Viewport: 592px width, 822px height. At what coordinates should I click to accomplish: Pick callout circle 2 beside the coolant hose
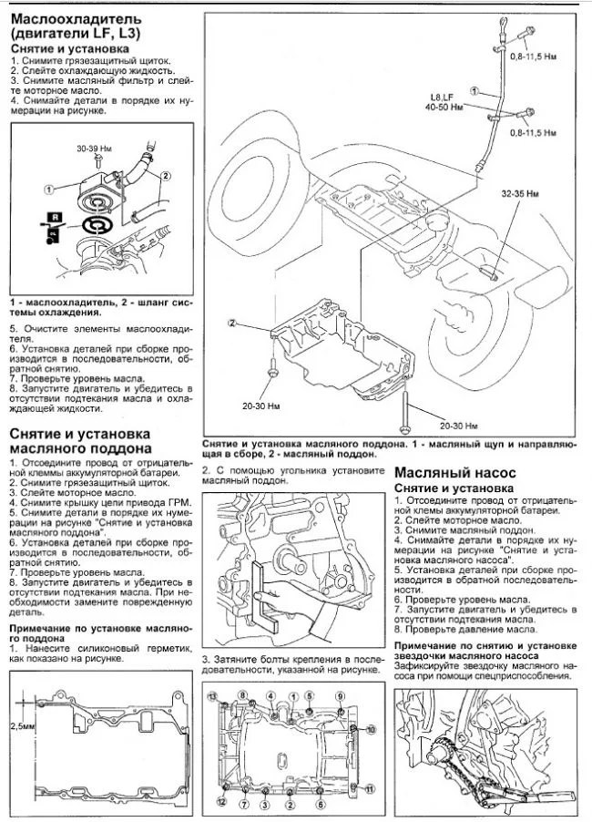coord(165,175)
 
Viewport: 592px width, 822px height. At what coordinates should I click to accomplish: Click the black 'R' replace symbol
coord(56,217)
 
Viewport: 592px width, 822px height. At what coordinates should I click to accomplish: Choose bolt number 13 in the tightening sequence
coord(213,697)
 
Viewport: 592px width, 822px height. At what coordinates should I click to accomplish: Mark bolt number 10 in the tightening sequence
coord(370,730)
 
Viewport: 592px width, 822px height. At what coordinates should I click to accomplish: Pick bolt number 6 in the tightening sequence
coord(321,804)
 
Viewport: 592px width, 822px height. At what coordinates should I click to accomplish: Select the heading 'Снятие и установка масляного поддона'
coord(79,441)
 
